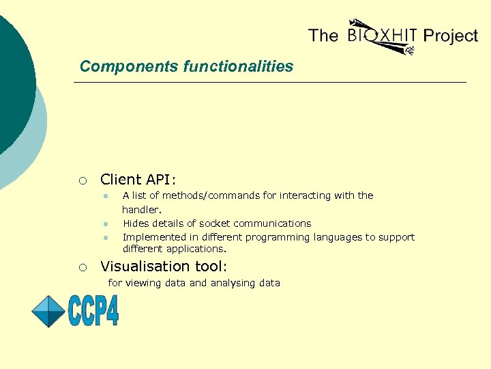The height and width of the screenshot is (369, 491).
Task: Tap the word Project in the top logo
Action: [x=451, y=36]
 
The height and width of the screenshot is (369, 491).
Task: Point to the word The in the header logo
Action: [x=323, y=35]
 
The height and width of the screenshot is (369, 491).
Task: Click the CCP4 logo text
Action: [x=93, y=311]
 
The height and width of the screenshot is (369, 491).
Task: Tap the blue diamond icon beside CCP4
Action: [x=48, y=311]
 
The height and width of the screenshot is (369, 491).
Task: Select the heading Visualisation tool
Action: [x=164, y=266]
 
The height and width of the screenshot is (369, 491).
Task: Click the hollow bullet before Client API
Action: [x=82, y=180]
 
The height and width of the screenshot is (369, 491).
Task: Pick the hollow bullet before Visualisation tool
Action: [x=82, y=267]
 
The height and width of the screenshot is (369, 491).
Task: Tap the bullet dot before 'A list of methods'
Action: [x=106, y=196]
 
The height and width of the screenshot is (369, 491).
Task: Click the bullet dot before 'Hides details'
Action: [x=106, y=223]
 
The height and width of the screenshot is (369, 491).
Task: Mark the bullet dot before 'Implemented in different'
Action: [x=106, y=238]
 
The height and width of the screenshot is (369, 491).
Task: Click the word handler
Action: [x=141, y=209]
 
